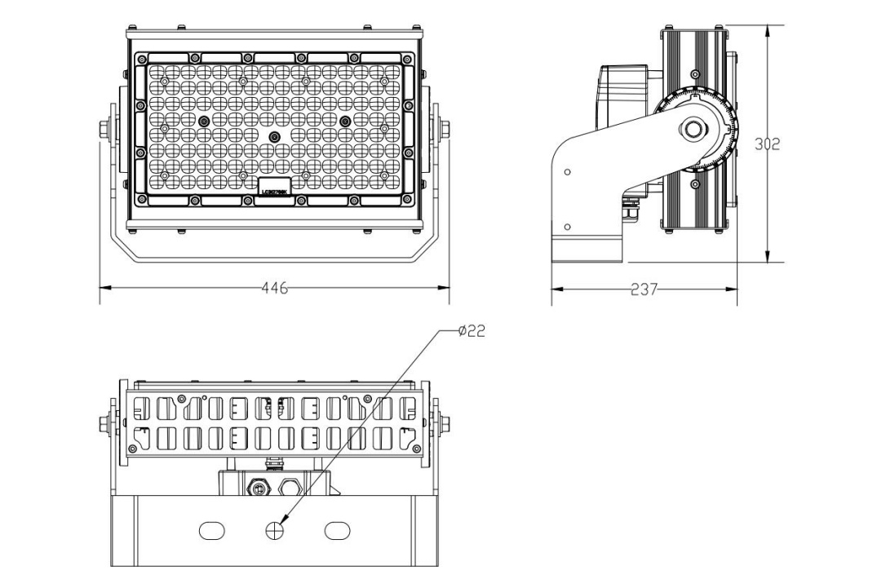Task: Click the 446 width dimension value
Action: pyautogui.click(x=275, y=288)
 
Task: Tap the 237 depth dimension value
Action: pyautogui.click(x=644, y=288)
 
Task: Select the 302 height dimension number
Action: pyautogui.click(x=766, y=144)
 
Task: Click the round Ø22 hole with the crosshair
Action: pyautogui.click(x=275, y=530)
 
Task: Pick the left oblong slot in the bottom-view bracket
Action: pyautogui.click(x=212, y=530)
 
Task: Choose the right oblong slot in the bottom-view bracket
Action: pyautogui.click(x=337, y=530)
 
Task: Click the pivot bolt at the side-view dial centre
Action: pyautogui.click(x=694, y=128)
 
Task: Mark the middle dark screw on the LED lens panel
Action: pyautogui.click(x=275, y=136)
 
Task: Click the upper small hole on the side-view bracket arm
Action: pyautogui.click(x=567, y=172)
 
